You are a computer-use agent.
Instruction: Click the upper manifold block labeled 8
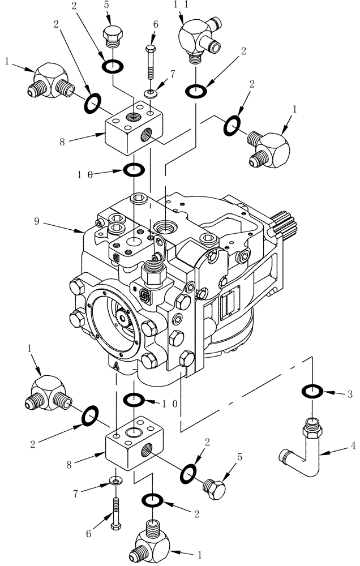coord(134,131)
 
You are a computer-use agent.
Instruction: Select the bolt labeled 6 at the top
coord(151,63)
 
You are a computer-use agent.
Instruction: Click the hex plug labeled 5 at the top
coord(113,37)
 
